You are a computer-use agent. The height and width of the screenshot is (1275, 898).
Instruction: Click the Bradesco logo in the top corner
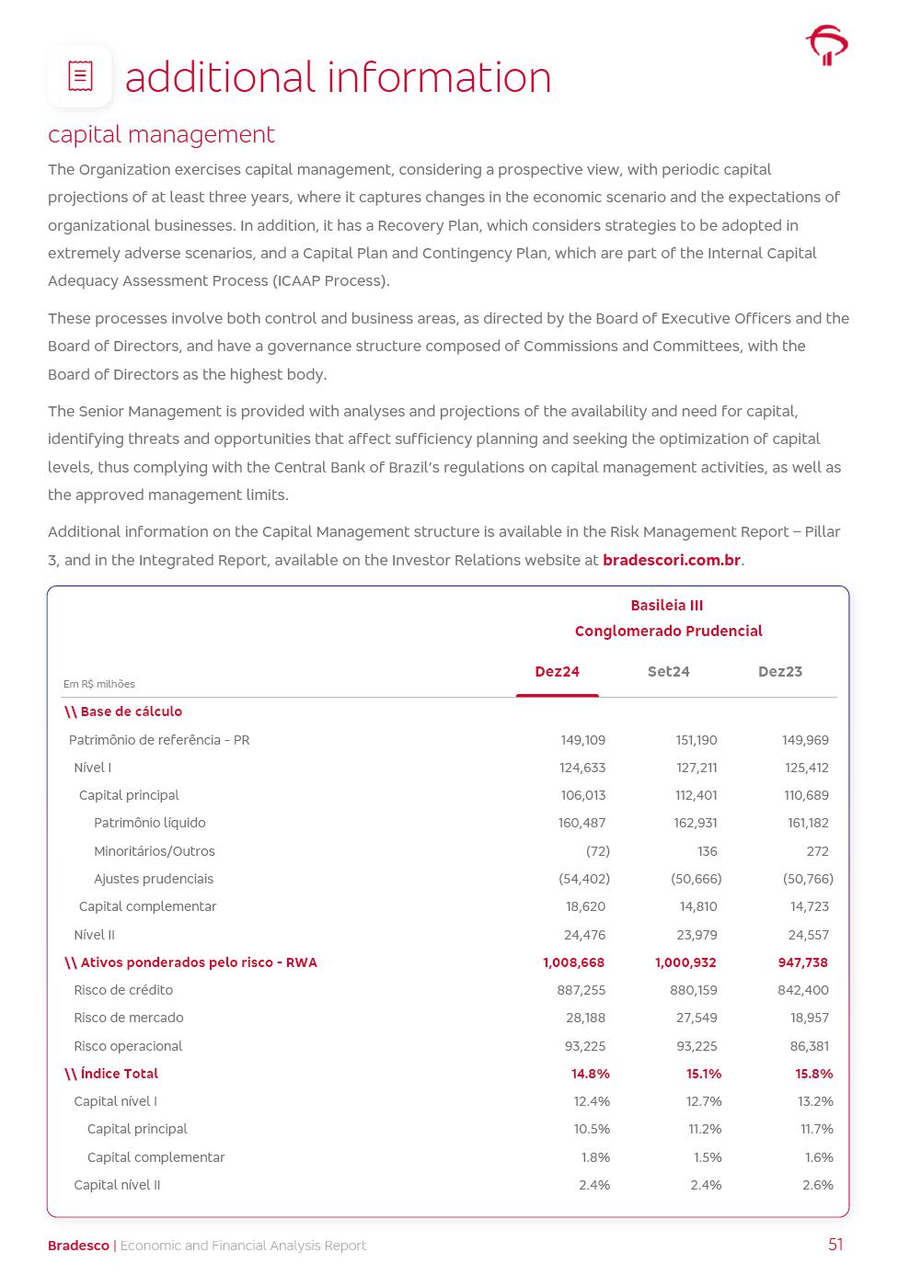(826, 45)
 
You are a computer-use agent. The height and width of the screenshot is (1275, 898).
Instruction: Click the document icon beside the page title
(80, 76)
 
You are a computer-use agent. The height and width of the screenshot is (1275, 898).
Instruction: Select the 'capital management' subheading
(161, 134)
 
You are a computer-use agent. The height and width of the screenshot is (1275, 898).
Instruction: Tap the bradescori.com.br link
(672, 560)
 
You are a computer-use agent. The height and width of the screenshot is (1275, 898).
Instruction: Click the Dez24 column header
(557, 672)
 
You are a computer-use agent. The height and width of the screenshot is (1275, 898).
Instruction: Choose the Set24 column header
(668, 672)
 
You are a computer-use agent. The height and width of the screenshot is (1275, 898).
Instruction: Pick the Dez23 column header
(779, 672)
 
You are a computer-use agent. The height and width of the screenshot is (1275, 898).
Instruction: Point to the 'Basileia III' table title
(667, 606)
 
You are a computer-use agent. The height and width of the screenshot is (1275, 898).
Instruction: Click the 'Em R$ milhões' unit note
(98, 684)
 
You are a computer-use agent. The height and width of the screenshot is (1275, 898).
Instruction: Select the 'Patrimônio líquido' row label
(149, 823)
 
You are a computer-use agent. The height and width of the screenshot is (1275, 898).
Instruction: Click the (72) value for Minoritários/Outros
(597, 851)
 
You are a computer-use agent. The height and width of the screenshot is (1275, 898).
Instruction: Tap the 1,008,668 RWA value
(573, 962)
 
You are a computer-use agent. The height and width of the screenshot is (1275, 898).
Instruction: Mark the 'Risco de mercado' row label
(128, 1018)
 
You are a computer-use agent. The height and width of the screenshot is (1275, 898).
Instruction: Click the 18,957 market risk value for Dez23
(809, 1018)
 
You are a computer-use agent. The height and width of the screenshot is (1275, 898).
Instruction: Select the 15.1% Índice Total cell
(704, 1074)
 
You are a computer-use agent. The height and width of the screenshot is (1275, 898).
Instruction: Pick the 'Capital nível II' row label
(117, 1185)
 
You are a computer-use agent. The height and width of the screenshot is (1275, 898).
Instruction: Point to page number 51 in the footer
(835, 1245)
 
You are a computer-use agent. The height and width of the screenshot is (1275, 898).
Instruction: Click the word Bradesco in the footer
(78, 1246)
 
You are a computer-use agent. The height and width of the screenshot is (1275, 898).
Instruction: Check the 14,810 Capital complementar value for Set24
(698, 906)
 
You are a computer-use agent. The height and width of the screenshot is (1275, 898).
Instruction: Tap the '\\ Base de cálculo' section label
(123, 711)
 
